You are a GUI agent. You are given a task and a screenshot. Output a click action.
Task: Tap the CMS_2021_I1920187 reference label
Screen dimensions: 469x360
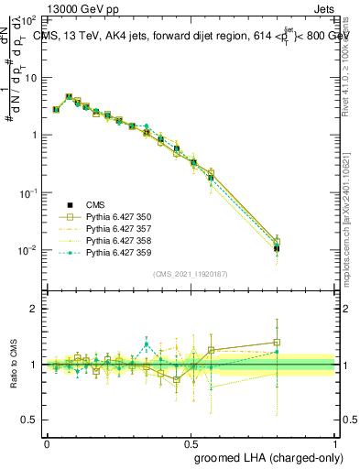191,274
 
